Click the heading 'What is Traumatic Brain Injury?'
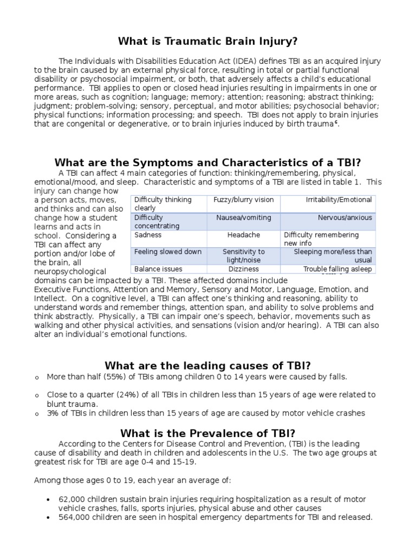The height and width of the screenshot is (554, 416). pos(208,41)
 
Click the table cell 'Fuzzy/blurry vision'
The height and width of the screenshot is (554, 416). pos(244,200)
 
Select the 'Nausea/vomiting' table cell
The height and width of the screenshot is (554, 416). pos(244,217)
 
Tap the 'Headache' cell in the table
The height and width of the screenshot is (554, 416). pos(244,235)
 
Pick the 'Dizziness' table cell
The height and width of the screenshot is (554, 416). pos(244,269)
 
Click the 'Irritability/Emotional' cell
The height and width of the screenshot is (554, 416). pos(339,200)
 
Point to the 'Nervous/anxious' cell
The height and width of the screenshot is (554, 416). pos(345,217)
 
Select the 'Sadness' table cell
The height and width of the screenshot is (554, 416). pos(148,235)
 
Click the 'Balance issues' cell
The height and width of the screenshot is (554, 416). pos(158,269)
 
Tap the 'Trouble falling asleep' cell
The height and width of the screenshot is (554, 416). pos(337,269)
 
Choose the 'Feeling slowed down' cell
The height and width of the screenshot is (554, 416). pos(168,252)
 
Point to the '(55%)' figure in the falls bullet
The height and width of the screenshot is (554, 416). pos(108,377)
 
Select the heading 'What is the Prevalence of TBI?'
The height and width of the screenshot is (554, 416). pos(208,433)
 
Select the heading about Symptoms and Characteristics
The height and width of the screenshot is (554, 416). pos(208,163)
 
